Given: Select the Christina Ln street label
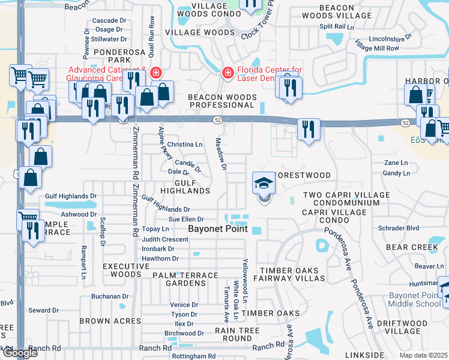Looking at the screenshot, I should [x=185, y=145].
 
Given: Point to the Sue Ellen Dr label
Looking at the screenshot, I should [x=186, y=220].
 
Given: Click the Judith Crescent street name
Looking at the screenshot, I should [x=165, y=239].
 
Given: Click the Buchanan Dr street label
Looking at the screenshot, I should [x=110, y=296].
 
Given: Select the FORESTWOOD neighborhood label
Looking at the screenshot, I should [x=302, y=175].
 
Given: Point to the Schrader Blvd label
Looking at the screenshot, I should [x=399, y=229].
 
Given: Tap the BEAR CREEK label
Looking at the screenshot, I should [x=412, y=247].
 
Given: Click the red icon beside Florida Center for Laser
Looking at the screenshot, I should [x=228, y=73].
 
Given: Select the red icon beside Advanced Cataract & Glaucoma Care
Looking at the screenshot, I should [x=155, y=73].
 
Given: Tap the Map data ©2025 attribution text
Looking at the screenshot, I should [x=424, y=355].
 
